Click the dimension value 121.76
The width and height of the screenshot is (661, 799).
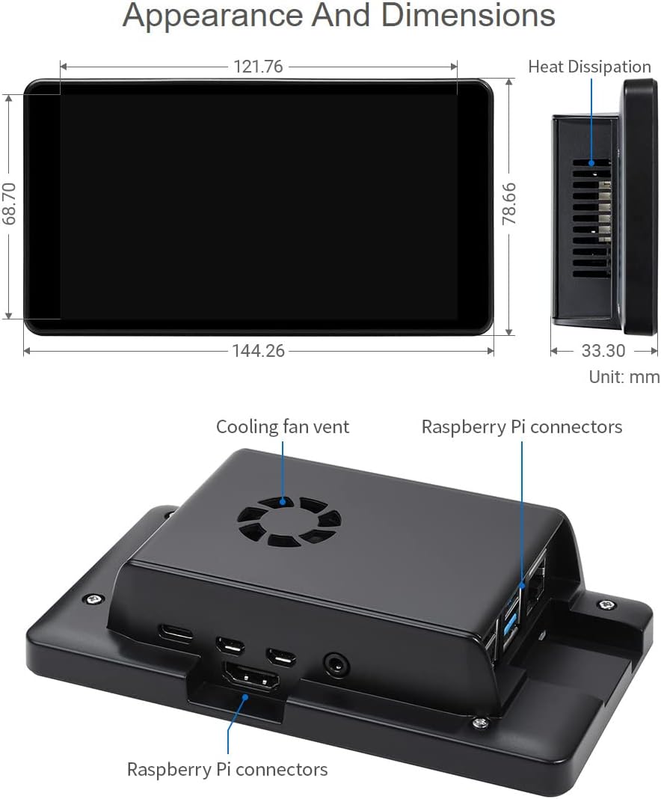[x=258, y=67]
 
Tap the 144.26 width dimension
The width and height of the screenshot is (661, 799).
[x=258, y=350]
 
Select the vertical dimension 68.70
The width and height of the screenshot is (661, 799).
[x=10, y=206]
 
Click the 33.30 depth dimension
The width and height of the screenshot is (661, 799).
[x=603, y=350]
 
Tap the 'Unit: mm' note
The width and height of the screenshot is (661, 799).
[x=624, y=376]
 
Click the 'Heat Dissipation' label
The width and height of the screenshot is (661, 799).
[x=589, y=67]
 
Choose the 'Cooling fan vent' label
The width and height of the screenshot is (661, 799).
[x=282, y=426]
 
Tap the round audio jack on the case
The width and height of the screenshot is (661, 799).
[x=333, y=662]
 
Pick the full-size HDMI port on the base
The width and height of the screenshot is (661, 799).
[x=250, y=680]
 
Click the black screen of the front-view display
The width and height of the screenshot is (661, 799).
[x=258, y=206]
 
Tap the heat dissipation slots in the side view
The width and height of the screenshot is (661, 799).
[x=591, y=217]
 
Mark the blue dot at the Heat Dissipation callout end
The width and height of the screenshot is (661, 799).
[x=591, y=162]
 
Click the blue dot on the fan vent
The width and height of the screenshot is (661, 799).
[x=283, y=502]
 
